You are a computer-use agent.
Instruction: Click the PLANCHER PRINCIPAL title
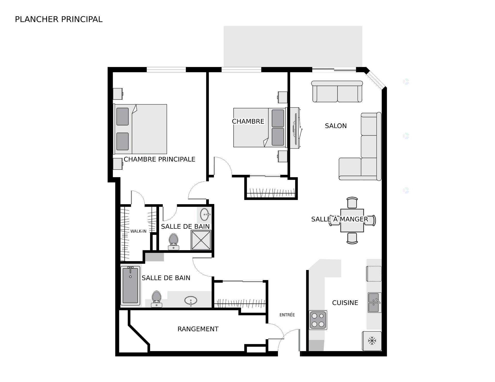click(59, 19)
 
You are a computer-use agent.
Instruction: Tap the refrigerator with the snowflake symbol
click(372, 341)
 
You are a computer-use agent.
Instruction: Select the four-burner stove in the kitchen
click(318, 320)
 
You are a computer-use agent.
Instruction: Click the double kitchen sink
click(374, 302)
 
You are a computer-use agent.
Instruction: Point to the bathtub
click(130, 286)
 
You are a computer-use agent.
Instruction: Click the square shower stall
click(201, 240)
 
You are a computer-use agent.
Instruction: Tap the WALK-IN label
click(138, 231)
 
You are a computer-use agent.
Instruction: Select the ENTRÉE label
click(287, 315)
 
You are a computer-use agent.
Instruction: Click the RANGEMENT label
click(198, 329)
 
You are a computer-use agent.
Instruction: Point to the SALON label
click(336, 126)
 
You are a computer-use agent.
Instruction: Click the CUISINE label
click(345, 303)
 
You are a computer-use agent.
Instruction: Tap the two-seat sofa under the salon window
click(337, 92)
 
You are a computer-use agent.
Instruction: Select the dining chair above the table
click(352, 202)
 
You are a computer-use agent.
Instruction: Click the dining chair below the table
click(352, 238)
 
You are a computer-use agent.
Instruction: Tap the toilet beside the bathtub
click(156, 299)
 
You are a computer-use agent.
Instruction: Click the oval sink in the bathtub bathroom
click(191, 300)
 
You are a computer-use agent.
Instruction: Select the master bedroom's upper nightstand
click(118, 94)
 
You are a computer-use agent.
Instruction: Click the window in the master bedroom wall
click(166, 70)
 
